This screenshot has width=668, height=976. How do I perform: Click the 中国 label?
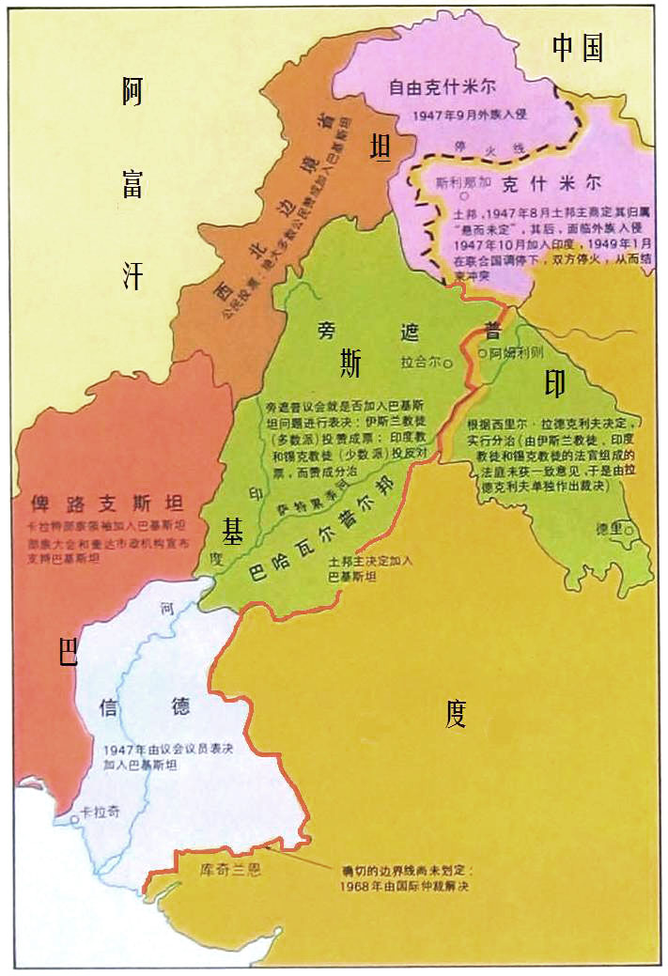tap(577, 48)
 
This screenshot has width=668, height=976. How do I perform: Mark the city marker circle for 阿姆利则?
tap(482, 354)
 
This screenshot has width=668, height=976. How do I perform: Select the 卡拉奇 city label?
tap(100, 812)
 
